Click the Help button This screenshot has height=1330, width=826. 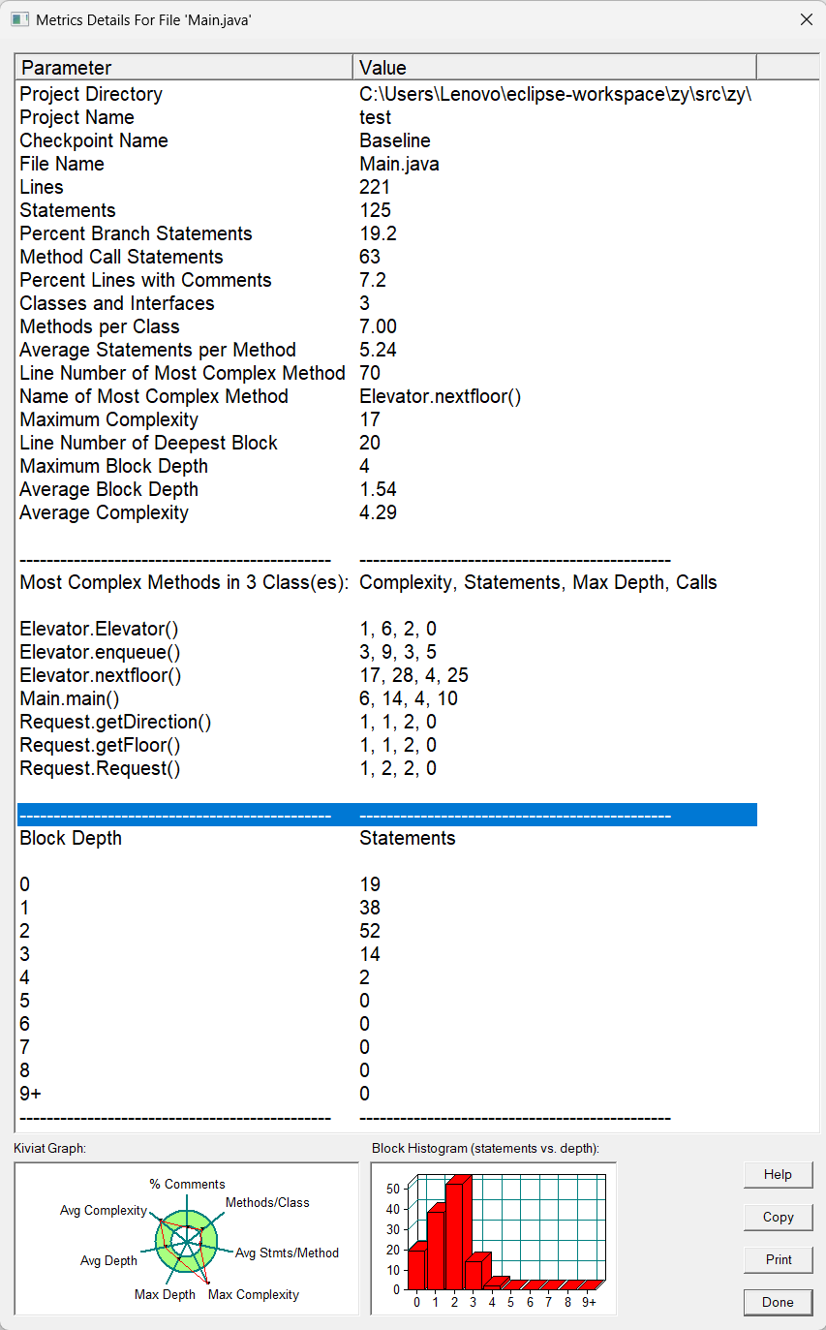778,1174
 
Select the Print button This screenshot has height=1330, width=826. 778,1259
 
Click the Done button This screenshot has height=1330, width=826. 778,1302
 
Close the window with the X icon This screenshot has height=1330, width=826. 806,19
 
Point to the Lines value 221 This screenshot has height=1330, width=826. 375,187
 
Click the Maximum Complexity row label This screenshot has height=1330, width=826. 108,419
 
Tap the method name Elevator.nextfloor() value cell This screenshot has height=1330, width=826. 440,396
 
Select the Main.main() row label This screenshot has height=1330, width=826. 70,698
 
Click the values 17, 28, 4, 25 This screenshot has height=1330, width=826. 413,675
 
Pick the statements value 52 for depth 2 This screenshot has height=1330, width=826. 370,931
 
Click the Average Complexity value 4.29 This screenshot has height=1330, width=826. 378,512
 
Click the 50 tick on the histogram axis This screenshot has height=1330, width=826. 393,1188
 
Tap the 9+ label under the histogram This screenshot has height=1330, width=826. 589,1303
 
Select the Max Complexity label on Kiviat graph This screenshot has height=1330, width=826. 254,1294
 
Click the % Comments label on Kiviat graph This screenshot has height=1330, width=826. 187,1184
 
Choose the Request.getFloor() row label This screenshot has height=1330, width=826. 100,745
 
